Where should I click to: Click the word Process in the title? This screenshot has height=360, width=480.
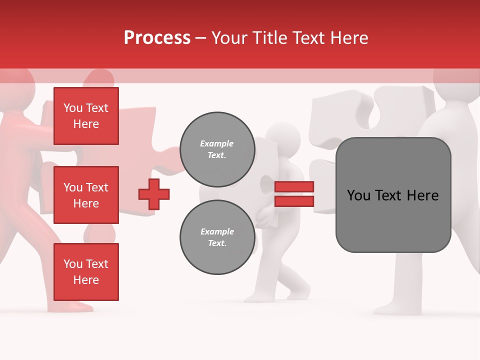click(157, 37)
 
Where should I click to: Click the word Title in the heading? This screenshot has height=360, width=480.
click(269, 38)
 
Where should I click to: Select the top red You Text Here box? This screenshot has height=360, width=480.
click(86, 116)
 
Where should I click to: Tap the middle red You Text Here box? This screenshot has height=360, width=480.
click(86, 195)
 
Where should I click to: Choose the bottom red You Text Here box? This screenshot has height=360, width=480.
click(86, 272)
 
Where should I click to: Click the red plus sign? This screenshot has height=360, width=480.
click(154, 194)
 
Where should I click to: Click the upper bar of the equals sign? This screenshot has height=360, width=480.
click(294, 187)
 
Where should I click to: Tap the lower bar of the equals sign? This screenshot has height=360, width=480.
click(294, 201)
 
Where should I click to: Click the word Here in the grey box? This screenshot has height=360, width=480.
click(422, 195)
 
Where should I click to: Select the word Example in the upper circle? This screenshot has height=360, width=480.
click(217, 143)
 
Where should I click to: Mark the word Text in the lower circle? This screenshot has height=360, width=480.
click(217, 243)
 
